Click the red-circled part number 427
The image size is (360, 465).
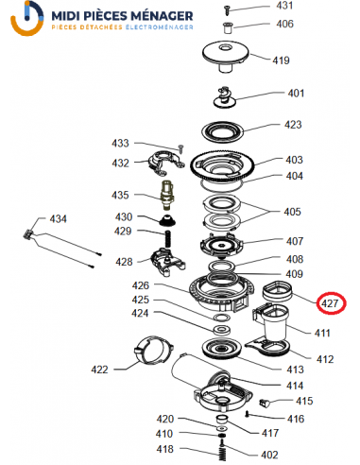tap(330, 303)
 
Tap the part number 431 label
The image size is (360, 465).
tap(284, 6)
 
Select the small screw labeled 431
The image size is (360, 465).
tap(228, 9)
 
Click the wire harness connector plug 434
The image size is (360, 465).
tap(28, 234)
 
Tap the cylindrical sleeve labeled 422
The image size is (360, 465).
tap(154, 351)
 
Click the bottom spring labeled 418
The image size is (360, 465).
tap(222, 452)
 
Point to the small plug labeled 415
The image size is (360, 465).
tap(264, 403)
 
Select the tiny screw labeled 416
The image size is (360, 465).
tap(248, 414)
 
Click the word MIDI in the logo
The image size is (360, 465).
tap(66, 16)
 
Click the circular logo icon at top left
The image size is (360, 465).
tap(27, 18)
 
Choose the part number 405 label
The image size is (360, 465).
tap(292, 212)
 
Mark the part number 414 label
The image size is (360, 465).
tap(295, 386)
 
